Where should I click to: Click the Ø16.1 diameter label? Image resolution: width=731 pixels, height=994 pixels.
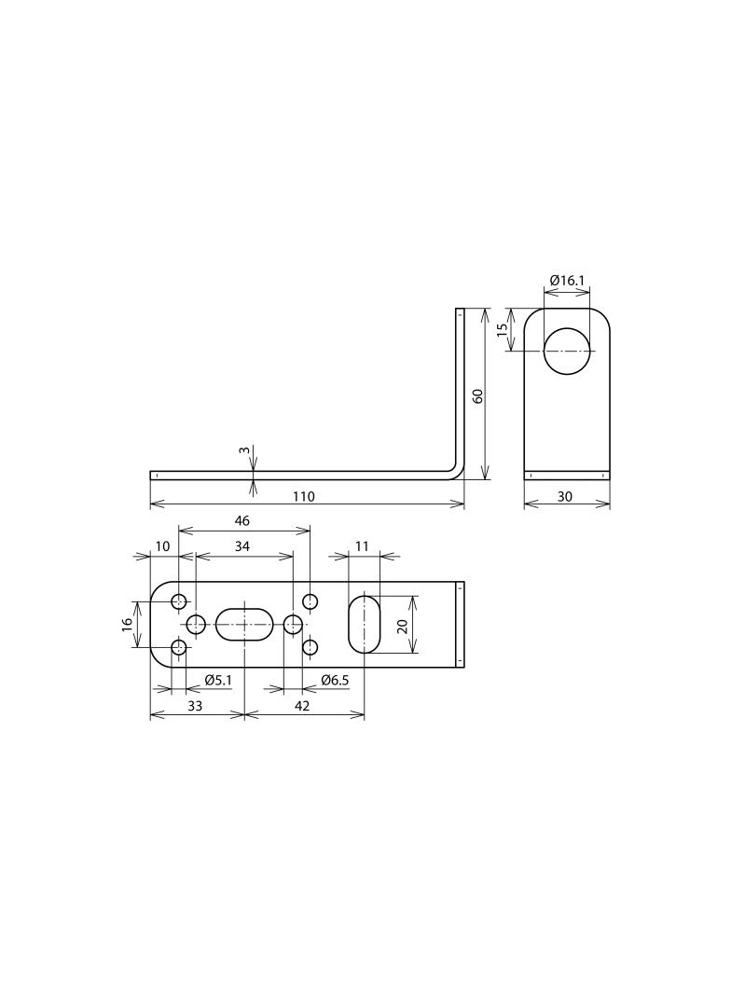click(567, 280)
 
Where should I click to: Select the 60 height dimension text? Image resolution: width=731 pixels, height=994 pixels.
click(478, 395)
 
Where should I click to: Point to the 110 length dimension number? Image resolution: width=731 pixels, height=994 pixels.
click(304, 496)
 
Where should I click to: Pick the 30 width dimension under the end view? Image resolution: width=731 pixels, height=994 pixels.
click(564, 496)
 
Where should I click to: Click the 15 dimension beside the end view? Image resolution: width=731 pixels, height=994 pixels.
click(503, 329)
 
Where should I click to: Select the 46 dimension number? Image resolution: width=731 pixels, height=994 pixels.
click(242, 521)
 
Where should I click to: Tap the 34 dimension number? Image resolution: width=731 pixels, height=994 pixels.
click(242, 546)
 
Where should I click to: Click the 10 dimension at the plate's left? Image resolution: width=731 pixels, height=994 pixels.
click(163, 546)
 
